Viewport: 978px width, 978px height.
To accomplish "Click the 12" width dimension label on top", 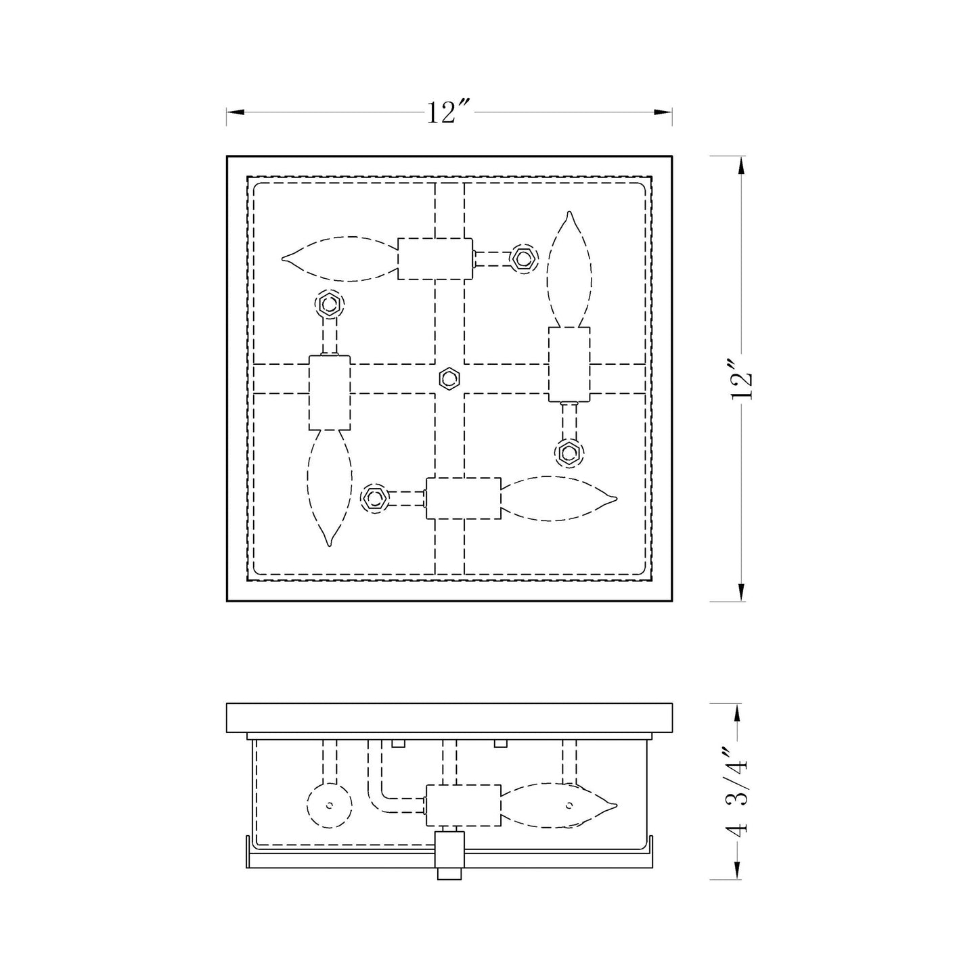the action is pyautogui.click(x=449, y=112).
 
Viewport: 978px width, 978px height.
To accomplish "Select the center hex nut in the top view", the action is pyautogui.click(x=449, y=378).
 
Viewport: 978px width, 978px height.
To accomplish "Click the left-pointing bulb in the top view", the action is pyautogui.click(x=340, y=259).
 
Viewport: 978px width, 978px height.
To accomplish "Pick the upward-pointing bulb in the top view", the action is pyautogui.click(x=569, y=269).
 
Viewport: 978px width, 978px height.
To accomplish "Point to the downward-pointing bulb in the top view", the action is pyautogui.click(x=330, y=487).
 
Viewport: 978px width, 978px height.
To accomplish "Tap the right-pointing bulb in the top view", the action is pyautogui.click(x=559, y=498).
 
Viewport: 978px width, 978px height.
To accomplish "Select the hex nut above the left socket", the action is pyautogui.click(x=330, y=305).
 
